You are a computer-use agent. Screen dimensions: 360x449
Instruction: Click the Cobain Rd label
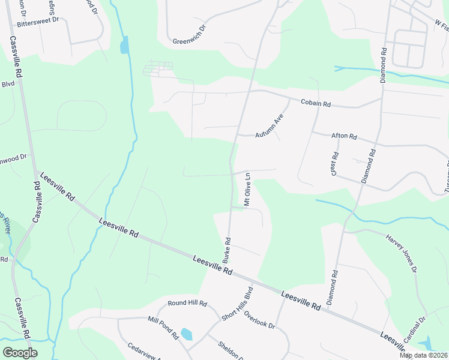click(x=316, y=104)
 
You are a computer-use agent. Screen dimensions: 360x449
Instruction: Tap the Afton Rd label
click(x=344, y=137)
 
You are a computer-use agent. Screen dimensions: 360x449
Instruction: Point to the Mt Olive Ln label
click(x=247, y=187)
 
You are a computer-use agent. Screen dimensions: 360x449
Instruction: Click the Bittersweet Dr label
click(x=38, y=20)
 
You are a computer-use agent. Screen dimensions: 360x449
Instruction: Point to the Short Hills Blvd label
click(x=238, y=305)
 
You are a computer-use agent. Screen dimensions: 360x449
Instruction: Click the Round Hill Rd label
click(x=187, y=304)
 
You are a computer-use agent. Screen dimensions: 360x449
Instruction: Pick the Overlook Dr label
click(x=259, y=320)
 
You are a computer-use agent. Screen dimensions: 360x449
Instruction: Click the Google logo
click(x=20, y=352)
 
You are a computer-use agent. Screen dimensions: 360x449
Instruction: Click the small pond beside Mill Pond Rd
click(x=186, y=334)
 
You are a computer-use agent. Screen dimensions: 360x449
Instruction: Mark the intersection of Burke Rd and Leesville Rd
click(x=230, y=271)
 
